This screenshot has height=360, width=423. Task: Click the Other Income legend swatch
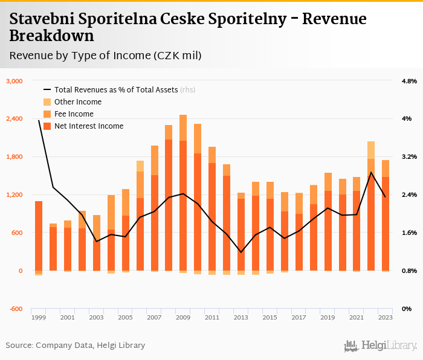pos(47,102)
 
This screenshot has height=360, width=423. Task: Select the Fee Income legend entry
pos(74,114)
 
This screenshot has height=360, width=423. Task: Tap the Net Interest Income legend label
pos(89,126)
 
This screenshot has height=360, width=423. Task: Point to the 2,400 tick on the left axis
pos(14,119)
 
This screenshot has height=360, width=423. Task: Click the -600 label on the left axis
pos(16,309)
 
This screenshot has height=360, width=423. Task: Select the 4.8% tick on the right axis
pos(409,81)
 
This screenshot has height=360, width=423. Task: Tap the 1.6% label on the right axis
pos(409,233)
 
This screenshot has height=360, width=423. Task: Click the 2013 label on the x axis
pos(241,317)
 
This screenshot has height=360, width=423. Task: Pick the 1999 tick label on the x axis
pos(39,317)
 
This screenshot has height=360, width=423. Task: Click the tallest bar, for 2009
pos(183,193)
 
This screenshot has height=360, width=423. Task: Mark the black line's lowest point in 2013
pos(241,252)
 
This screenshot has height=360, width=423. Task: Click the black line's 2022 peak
pos(371,172)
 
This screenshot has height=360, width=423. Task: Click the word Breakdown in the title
pos(51,36)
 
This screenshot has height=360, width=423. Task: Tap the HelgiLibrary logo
pos(381,346)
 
